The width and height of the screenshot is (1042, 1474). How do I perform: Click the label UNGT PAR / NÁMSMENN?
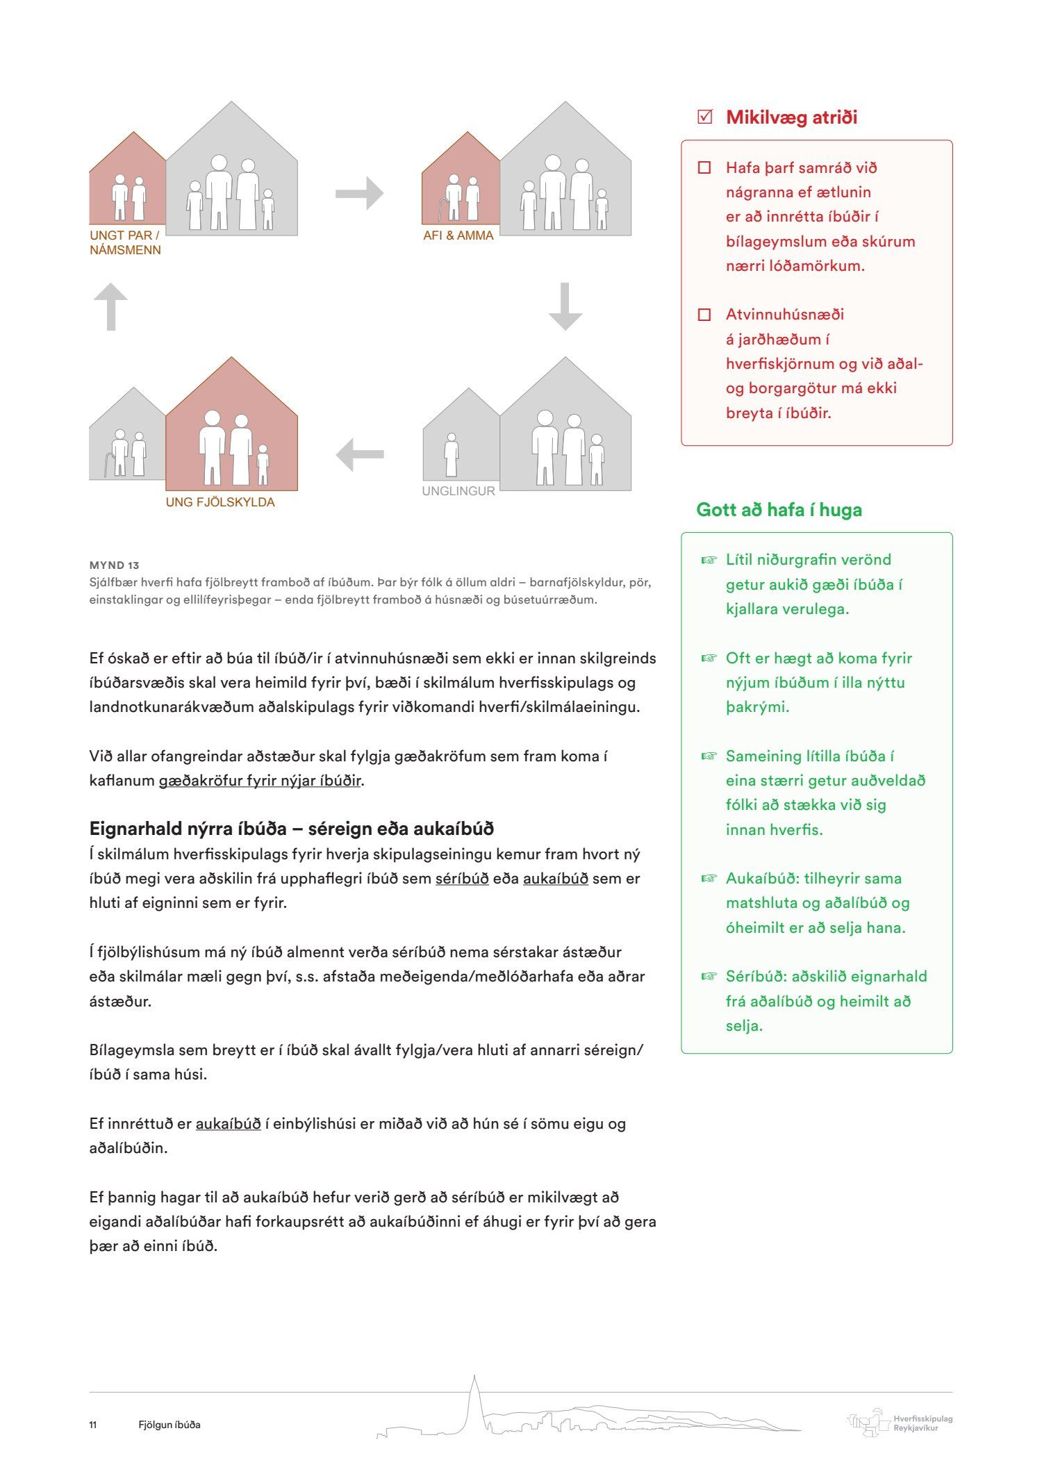pyautogui.click(x=125, y=242)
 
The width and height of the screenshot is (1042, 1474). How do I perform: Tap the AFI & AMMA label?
pyautogui.click(x=458, y=235)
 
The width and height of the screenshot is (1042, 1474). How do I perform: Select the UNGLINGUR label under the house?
pyautogui.click(x=458, y=491)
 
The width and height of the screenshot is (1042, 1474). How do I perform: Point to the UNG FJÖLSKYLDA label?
pyautogui.click(x=220, y=502)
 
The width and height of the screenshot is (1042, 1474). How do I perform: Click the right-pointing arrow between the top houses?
pyautogui.click(x=359, y=193)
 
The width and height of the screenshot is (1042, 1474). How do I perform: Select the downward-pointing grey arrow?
pyautogui.click(x=565, y=306)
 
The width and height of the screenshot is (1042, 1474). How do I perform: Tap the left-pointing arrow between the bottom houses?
pyautogui.click(x=359, y=455)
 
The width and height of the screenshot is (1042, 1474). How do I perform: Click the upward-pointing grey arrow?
pyautogui.click(x=111, y=306)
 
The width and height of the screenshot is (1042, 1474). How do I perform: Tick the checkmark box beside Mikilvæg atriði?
pyautogui.click(x=704, y=117)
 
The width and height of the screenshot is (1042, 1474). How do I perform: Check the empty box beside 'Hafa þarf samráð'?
pyautogui.click(x=704, y=167)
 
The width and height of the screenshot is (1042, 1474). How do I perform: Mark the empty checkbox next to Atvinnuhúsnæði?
pyautogui.click(x=704, y=315)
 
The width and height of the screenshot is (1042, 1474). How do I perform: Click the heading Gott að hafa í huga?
pyautogui.click(x=779, y=510)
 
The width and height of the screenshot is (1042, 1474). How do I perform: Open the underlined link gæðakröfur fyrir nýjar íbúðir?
pyautogui.click(x=260, y=781)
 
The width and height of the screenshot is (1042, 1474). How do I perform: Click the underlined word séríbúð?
pyautogui.click(x=462, y=879)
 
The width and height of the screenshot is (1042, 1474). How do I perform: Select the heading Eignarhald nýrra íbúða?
pyautogui.click(x=291, y=829)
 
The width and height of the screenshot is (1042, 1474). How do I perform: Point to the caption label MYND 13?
pyautogui.click(x=114, y=565)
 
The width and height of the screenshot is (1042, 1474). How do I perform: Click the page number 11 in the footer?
pyautogui.click(x=92, y=1425)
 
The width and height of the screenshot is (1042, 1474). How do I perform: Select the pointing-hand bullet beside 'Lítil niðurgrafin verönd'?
pyautogui.click(x=708, y=560)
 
